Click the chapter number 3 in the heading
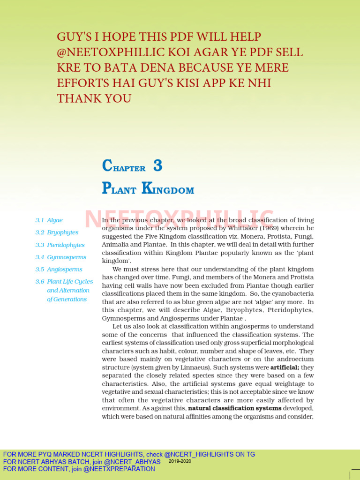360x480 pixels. click(157, 165)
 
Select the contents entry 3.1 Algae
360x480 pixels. click(49, 220)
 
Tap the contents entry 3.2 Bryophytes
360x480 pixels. click(57, 232)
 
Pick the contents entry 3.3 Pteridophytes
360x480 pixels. click(60, 245)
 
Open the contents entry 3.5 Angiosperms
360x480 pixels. click(59, 269)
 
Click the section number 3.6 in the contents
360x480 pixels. click(40, 282)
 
